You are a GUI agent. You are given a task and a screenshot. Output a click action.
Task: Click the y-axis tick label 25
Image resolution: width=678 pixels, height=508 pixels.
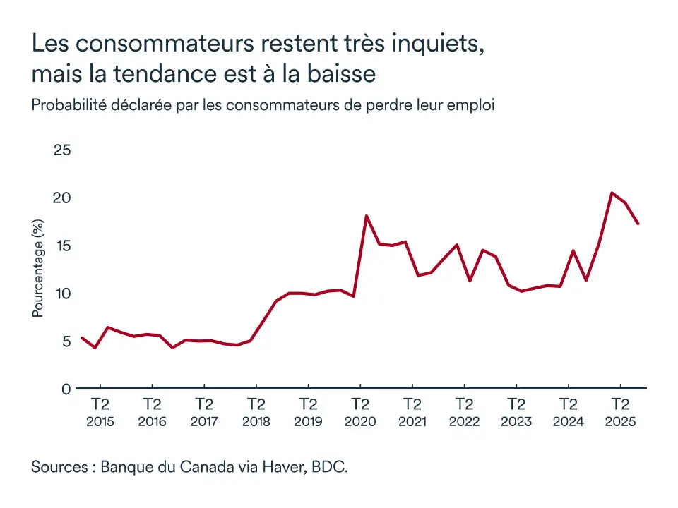coord(62,150)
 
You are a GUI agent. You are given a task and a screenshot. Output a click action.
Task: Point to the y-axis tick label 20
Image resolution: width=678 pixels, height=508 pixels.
coord(62,198)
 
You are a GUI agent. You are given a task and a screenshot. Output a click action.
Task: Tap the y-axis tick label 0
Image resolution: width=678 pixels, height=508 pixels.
coord(66,389)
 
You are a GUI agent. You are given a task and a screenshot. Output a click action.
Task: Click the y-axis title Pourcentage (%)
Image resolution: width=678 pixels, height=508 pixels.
coord(38,268)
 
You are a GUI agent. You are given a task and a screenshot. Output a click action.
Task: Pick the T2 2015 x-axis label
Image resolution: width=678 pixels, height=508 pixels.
coord(100,413)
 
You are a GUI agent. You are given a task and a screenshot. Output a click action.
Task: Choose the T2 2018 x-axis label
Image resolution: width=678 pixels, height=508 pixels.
coord(256,413)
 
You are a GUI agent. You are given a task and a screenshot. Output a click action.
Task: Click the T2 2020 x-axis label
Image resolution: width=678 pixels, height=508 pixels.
coord(360,413)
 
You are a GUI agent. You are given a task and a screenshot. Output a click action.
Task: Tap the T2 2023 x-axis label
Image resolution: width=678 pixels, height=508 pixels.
coord(516,413)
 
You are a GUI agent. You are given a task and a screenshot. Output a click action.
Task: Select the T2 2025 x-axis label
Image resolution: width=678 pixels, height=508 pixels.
coord(620,413)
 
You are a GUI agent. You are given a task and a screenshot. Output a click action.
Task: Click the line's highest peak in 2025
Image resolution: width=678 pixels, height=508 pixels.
coord(612,193)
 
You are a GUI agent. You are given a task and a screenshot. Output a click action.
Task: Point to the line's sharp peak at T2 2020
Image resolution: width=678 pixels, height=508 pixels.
coord(366,216)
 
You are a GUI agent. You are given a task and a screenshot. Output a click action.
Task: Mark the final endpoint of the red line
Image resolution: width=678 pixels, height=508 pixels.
coord(638,224)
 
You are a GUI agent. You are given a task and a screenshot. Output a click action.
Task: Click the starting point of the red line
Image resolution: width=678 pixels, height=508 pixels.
coord(82,338)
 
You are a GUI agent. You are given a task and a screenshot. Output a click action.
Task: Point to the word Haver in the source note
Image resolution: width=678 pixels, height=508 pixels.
coord(284,467)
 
